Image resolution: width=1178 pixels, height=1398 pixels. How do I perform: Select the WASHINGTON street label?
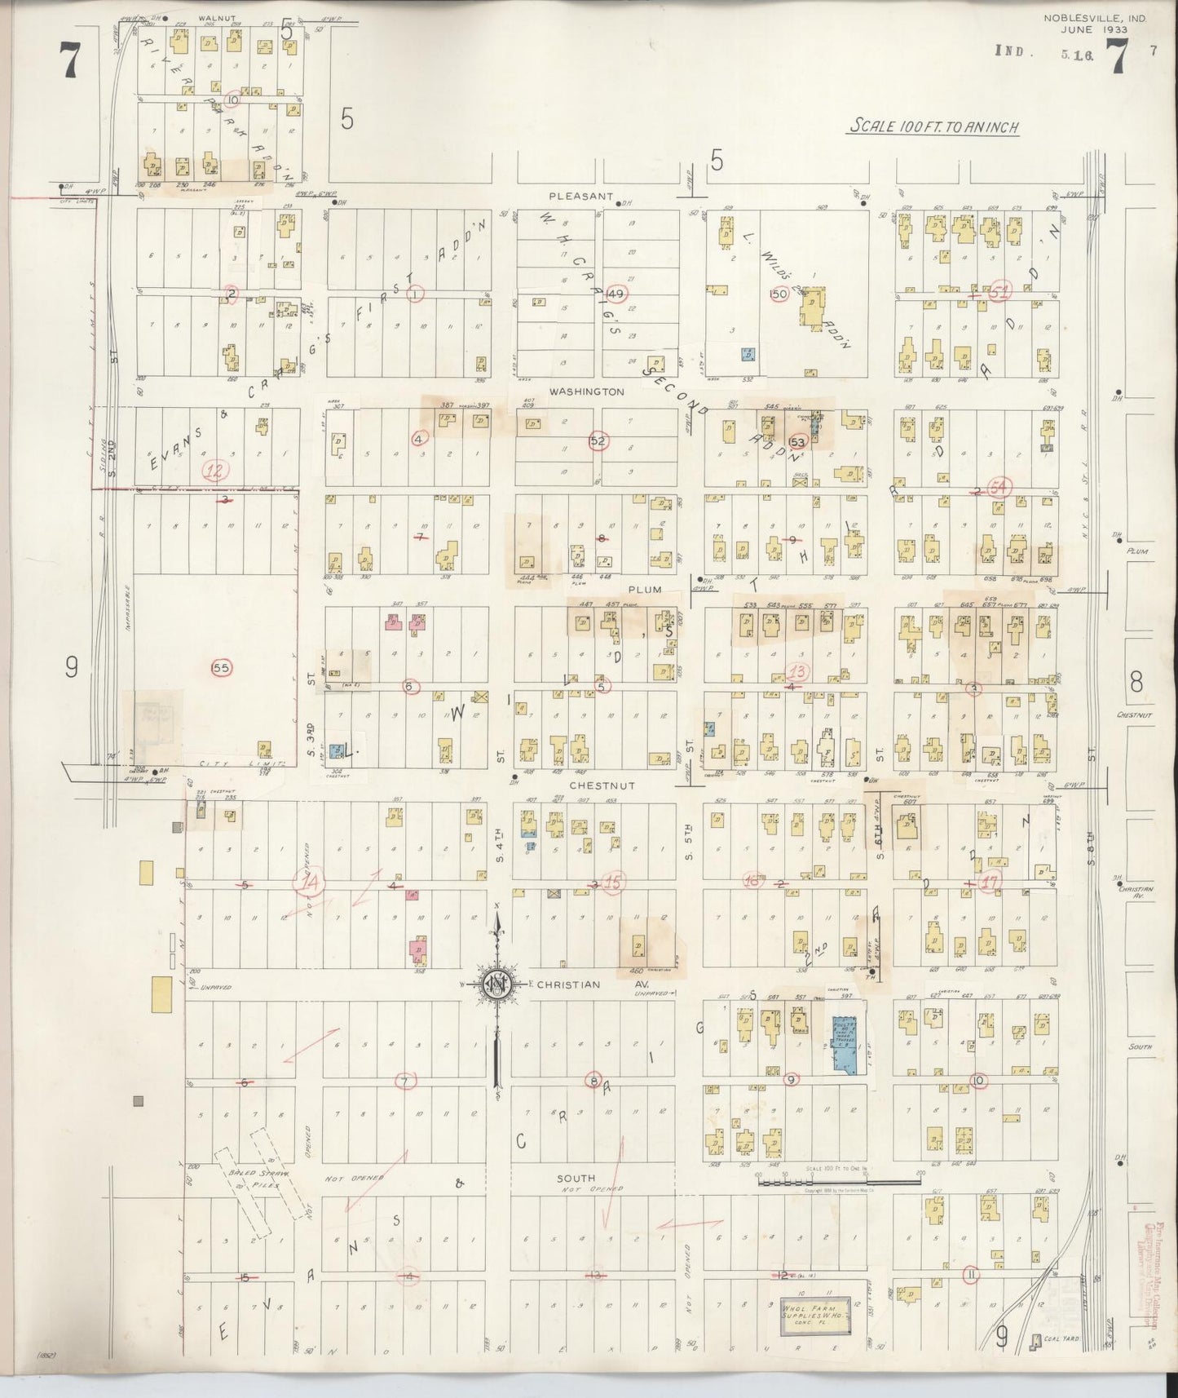[x=586, y=392]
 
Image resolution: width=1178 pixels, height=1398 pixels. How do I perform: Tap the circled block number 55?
[x=222, y=667]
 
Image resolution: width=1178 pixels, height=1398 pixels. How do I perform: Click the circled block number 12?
[x=216, y=469]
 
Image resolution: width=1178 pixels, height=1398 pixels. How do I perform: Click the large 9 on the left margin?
[x=71, y=668]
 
